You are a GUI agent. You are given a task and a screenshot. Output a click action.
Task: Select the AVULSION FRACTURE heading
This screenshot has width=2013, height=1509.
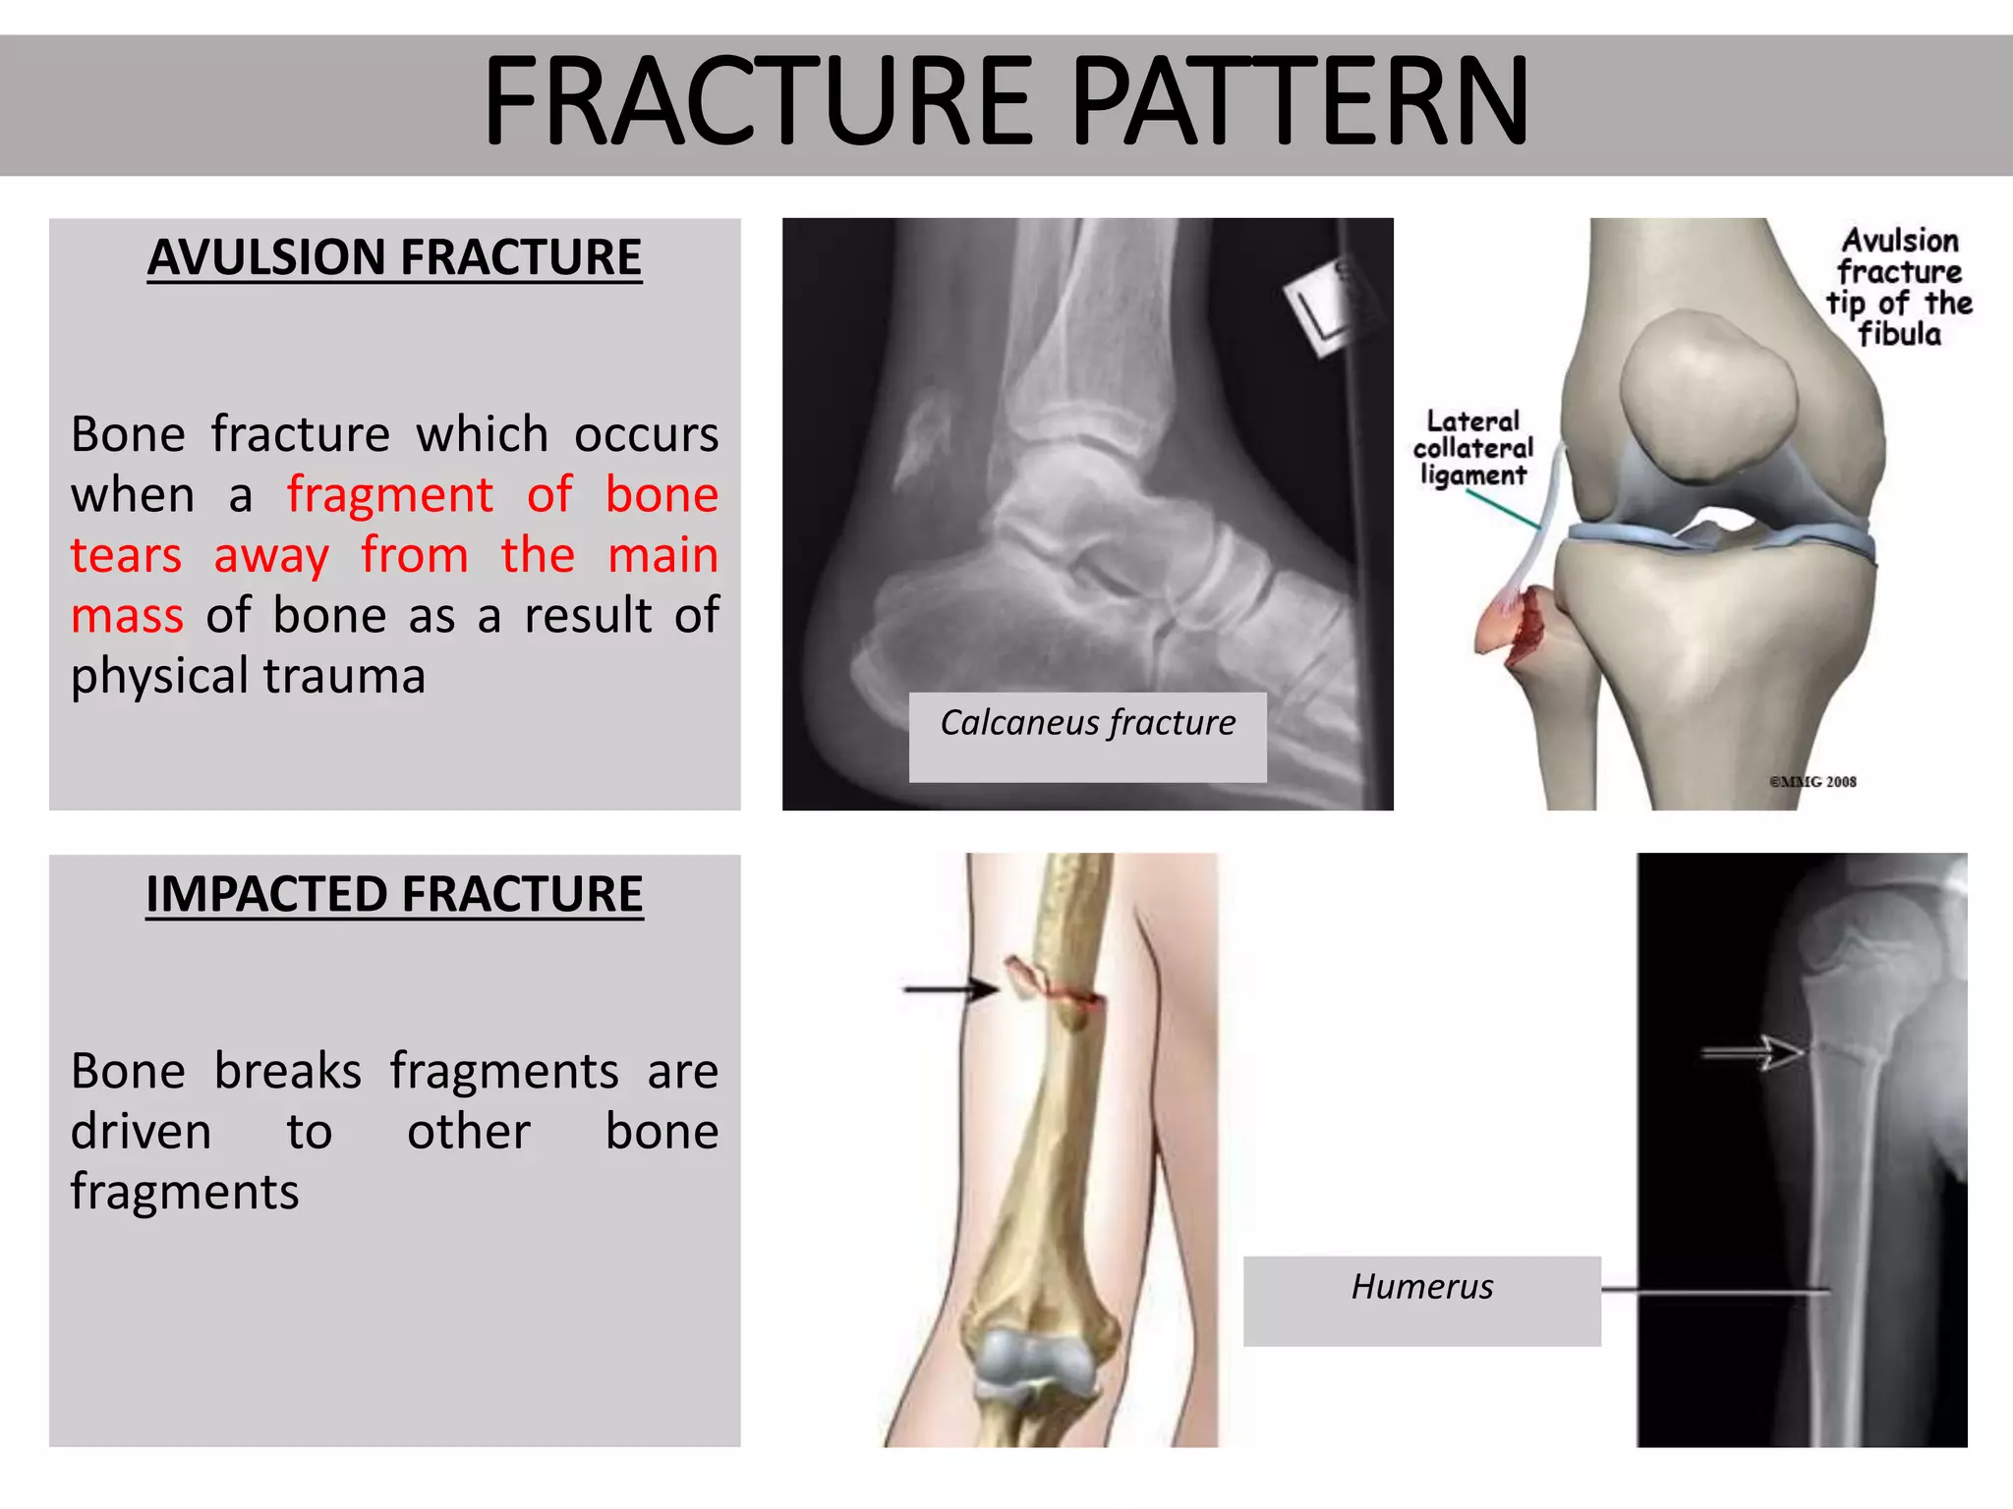(x=394, y=257)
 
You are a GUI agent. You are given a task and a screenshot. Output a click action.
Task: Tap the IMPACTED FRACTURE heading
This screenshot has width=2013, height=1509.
(x=394, y=894)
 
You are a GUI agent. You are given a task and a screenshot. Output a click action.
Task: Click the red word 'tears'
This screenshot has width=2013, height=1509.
(x=126, y=555)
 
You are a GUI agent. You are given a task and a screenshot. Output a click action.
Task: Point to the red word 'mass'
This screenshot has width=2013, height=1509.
(x=127, y=616)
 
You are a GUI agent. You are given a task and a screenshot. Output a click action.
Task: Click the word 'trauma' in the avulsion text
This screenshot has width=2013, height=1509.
(x=344, y=676)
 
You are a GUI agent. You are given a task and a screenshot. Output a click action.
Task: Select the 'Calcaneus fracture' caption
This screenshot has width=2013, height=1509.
(x=1087, y=724)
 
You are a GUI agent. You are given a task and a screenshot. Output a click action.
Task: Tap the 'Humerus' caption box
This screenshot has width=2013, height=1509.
(x=1421, y=1287)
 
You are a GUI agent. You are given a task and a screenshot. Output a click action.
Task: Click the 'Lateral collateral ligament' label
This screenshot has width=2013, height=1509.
(x=1472, y=448)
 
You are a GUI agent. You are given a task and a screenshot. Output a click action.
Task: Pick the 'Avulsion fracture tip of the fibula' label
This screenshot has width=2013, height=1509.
(x=1899, y=287)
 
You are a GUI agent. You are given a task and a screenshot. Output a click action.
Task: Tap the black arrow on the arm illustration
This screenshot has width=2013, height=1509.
(x=949, y=989)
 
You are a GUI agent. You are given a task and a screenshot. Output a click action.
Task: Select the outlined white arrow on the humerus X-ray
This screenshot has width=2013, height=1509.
(x=1754, y=1052)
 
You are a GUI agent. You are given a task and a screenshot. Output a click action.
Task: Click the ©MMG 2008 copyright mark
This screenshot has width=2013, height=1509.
(x=1812, y=782)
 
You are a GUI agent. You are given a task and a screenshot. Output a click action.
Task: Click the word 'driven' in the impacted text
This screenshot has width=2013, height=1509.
(x=141, y=1132)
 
